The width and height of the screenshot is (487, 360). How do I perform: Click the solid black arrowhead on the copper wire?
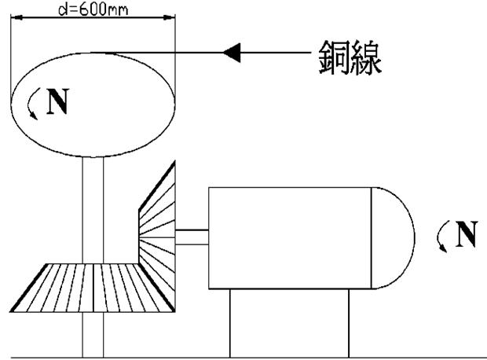(231, 53)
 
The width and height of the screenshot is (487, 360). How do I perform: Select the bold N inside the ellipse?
(57, 103)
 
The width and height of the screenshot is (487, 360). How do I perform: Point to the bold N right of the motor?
(467, 234)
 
